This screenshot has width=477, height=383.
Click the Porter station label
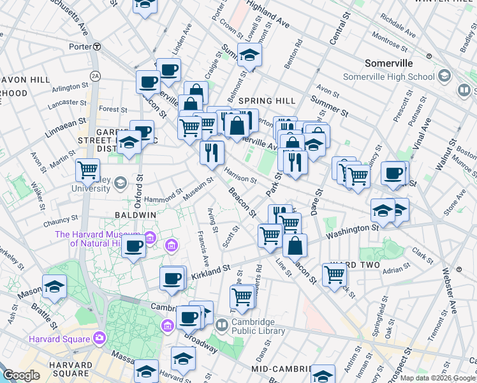click(x=80, y=47)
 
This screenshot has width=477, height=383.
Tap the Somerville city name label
click(x=388, y=64)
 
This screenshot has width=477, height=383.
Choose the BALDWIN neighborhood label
click(x=136, y=215)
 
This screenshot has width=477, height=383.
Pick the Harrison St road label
click(x=240, y=174)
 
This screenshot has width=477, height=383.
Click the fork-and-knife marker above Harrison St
click(x=212, y=152)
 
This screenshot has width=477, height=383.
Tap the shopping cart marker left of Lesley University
click(x=87, y=170)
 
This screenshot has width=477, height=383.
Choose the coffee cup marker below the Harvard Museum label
click(x=133, y=247)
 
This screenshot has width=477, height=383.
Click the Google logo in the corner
click(x=22, y=376)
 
